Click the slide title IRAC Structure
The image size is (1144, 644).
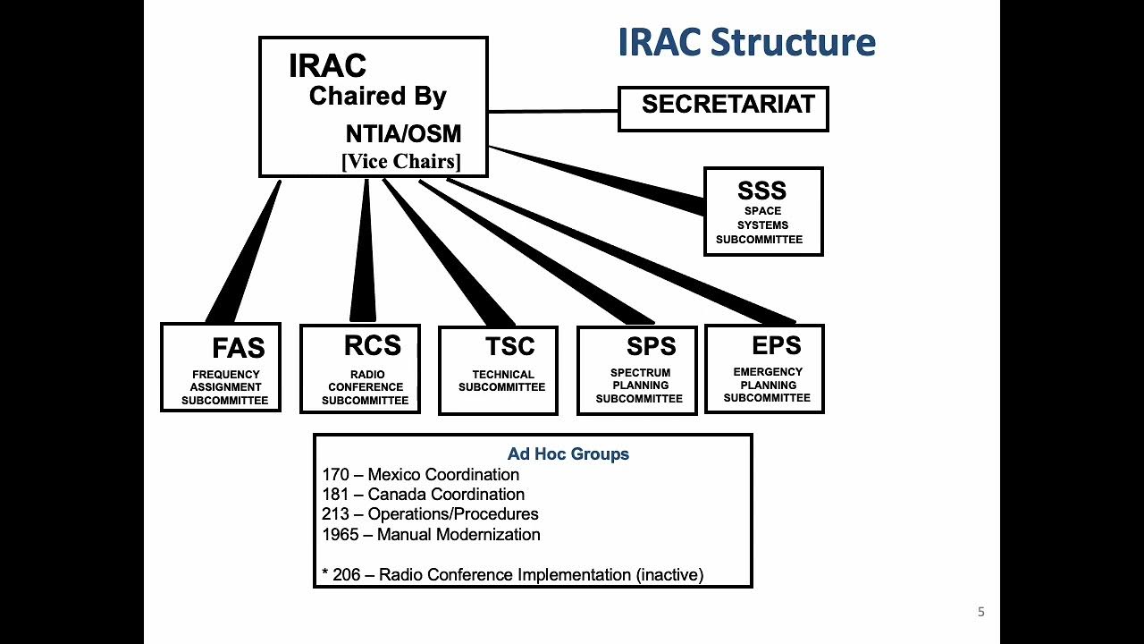746,43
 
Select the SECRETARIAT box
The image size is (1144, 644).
723,108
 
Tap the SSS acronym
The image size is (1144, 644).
761,191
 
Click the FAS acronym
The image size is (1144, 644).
239,348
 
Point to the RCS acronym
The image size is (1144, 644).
372,345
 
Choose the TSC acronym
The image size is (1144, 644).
509,346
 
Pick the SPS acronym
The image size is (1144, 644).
651,346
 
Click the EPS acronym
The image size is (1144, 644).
776,345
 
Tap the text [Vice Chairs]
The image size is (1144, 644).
401,162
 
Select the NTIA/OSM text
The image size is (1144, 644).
403,134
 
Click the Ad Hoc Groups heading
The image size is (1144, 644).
568,454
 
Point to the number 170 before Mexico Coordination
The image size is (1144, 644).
335,475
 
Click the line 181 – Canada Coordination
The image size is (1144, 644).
423,495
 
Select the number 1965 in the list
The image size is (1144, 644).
341,535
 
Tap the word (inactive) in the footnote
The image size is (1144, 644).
669,575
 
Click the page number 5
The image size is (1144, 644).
980,613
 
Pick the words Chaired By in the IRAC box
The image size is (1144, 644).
377,97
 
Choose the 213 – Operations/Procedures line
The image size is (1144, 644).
430,514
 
